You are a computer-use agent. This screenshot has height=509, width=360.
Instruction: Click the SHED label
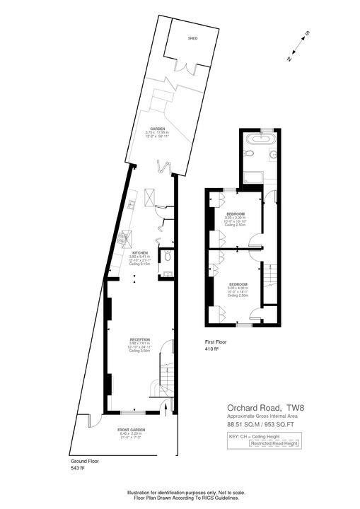point(192,40)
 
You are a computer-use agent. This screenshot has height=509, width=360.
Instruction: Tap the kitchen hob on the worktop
point(128,238)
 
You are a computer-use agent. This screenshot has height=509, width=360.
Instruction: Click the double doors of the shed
point(187,66)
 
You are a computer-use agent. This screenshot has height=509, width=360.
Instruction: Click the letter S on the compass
point(307,33)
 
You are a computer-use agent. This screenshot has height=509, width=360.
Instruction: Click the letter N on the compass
point(289,60)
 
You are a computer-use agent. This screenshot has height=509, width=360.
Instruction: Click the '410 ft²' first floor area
point(211,349)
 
